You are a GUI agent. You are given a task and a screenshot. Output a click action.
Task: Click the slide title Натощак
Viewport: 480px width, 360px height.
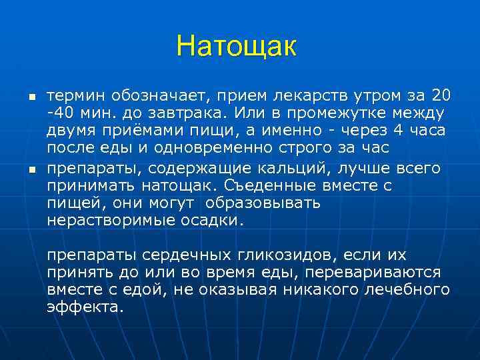(x=236, y=46)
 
